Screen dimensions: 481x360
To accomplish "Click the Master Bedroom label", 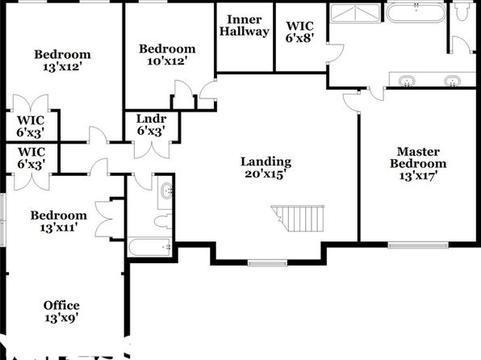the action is coord(418,164).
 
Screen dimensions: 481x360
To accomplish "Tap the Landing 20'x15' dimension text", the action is coord(266,168).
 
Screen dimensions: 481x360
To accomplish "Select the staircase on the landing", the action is coord(298,218).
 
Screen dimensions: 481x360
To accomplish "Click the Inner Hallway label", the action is coord(245,26).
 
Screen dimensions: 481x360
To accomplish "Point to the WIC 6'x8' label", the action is coord(299,32).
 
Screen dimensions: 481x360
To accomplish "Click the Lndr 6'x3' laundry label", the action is coord(151,124).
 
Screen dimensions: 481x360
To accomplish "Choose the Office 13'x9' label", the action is coord(61,312).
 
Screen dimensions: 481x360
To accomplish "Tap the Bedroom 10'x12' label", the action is coord(167,55).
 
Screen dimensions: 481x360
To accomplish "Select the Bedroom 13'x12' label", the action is coord(62,61).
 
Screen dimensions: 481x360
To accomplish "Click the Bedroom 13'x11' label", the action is coord(59,221).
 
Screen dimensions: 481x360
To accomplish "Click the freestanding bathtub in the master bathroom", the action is coord(416,13).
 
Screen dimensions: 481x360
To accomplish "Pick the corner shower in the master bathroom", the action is coord(355,13).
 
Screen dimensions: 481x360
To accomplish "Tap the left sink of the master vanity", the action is coord(407,82).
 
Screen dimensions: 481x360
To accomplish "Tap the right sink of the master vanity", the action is coord(452,82).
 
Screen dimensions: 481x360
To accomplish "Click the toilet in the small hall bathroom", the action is coord(163,221).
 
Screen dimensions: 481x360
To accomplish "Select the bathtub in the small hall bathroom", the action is coord(149,247).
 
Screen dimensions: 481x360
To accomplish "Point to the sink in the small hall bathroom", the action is coord(166,190).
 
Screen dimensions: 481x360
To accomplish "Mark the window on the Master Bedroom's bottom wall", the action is coord(418,245).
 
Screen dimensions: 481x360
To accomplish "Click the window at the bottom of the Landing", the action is coord(267,262).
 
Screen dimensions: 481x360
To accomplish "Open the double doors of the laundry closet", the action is coord(152,150).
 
